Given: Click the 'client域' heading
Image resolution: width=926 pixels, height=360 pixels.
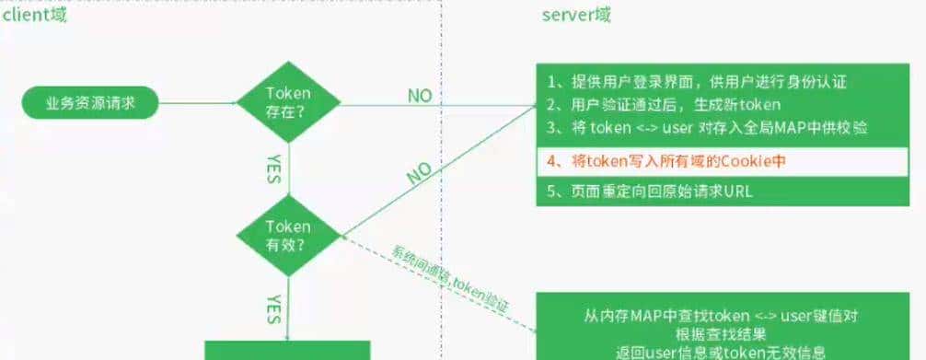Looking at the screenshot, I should tap(33, 16).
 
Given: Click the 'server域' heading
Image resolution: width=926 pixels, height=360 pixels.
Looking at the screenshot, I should tap(577, 16).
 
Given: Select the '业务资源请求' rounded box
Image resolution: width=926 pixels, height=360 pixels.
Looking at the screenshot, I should tap(90, 102).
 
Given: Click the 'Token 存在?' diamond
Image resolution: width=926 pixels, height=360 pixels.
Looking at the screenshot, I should tap(288, 101).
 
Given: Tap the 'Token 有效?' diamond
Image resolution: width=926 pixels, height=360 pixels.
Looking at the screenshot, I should tap(288, 236).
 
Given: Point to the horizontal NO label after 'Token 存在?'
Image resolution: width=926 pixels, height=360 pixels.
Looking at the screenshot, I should tap(421, 95).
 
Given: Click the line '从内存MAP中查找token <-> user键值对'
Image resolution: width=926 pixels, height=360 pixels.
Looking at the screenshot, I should tap(721, 316).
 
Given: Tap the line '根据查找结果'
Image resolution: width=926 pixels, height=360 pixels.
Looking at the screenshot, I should tap(721, 333).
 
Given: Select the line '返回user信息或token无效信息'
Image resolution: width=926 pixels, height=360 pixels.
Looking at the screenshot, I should tap(721, 351).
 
